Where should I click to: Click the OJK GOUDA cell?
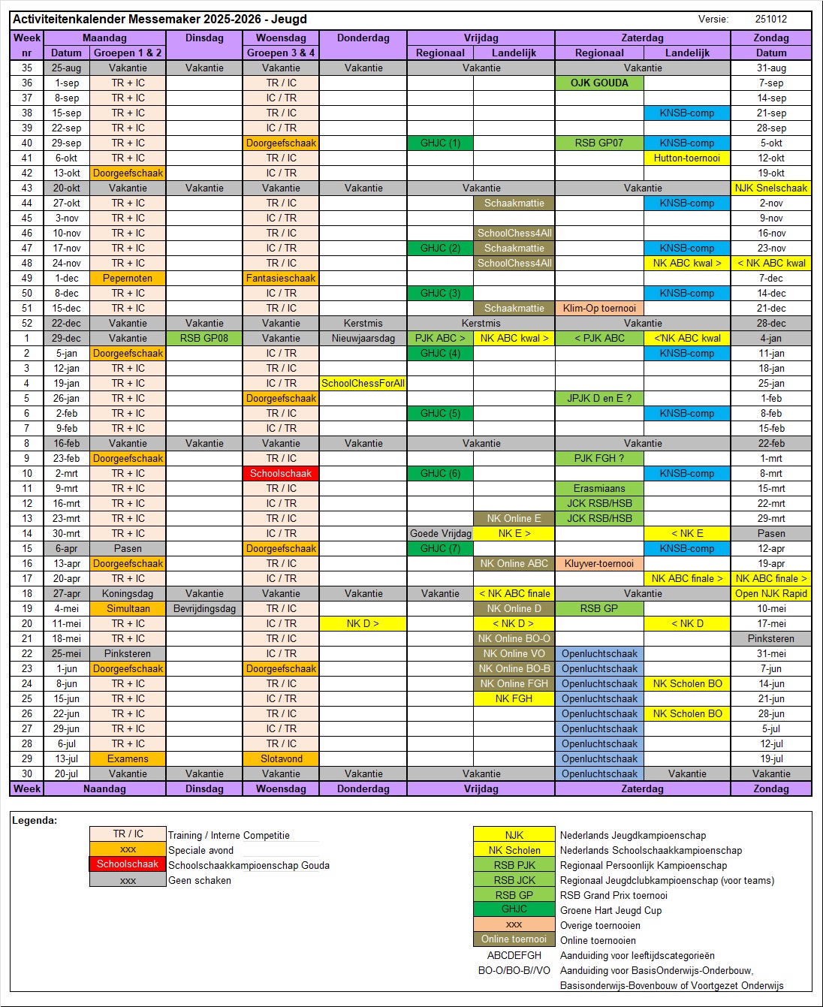pyautogui.click(x=599, y=83)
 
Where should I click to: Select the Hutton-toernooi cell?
pyautogui.click(x=686, y=158)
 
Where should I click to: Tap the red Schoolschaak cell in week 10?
pyautogui.click(x=281, y=473)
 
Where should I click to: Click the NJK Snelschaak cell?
pyautogui.click(x=771, y=188)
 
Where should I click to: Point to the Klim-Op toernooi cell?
pyautogui.click(x=599, y=308)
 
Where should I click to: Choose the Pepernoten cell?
pyautogui.click(x=128, y=278)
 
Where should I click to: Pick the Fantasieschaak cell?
pyautogui.click(x=281, y=278)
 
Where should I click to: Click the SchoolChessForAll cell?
pyautogui.click(x=363, y=383)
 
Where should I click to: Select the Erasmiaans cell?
pyautogui.click(x=599, y=488)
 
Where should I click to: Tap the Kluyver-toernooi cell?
pyautogui.click(x=599, y=563)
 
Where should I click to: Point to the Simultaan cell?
pyautogui.click(x=128, y=608)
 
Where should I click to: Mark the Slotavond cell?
pyautogui.click(x=281, y=758)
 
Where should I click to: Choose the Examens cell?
pyautogui.click(x=128, y=758)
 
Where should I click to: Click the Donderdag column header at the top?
pyautogui.click(x=363, y=38)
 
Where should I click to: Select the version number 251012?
pyautogui.click(x=771, y=20)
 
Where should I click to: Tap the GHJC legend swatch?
pyautogui.click(x=514, y=909)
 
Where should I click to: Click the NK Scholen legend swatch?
pyautogui.click(x=514, y=850)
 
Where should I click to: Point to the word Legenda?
pyautogui.click(x=35, y=821)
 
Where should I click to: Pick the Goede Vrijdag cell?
pyautogui.click(x=440, y=533)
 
